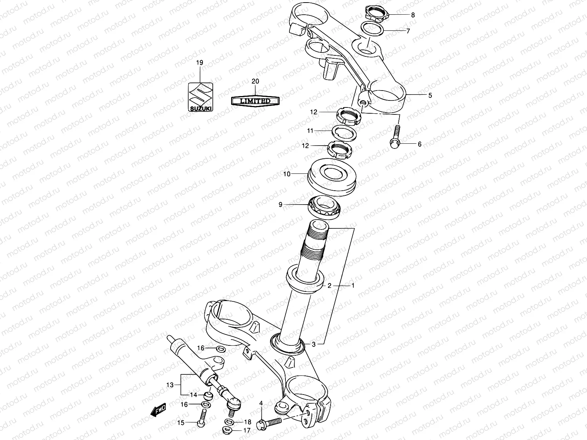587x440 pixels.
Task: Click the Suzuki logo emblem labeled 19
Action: tap(200, 96)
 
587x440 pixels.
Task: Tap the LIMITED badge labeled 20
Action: tap(255, 101)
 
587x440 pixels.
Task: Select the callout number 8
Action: tap(413, 15)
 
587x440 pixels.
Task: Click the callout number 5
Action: tap(430, 95)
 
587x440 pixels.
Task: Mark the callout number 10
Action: tap(287, 174)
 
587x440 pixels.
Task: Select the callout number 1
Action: tap(353, 285)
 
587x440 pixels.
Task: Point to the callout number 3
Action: tap(313, 344)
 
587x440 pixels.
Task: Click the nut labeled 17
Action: tap(227, 430)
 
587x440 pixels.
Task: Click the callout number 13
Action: tap(169, 385)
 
